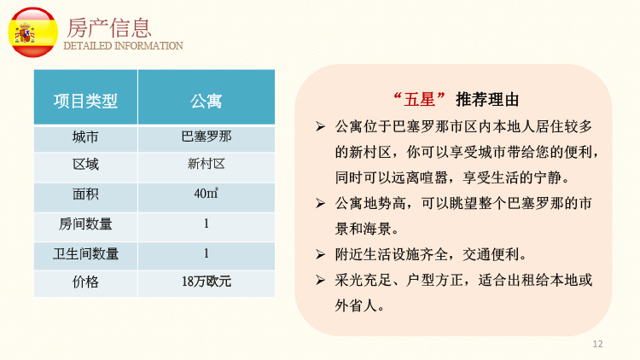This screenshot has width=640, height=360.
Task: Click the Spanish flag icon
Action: click(33, 32)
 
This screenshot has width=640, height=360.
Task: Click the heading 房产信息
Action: click(109, 28)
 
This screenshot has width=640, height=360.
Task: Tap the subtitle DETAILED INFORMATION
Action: click(123, 46)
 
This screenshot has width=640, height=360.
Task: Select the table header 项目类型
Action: click(85, 101)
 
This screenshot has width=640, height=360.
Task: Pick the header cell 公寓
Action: click(207, 101)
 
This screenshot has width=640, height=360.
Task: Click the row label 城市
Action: click(85, 136)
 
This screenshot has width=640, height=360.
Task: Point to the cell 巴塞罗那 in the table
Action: click(207, 136)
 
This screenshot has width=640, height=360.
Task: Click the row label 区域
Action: click(85, 165)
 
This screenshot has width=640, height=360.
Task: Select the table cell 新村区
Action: click(207, 164)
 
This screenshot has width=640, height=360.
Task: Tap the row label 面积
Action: click(85, 194)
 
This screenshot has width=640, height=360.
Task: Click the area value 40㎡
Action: click(207, 193)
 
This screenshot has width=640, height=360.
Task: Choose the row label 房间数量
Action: click(85, 224)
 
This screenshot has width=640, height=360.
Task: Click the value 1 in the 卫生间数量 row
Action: click(207, 253)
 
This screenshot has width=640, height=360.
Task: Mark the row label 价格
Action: click(85, 282)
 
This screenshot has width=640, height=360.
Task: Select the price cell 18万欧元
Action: click(207, 282)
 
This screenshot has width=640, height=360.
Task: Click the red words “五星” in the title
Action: click(419, 99)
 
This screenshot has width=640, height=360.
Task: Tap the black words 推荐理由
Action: click(487, 99)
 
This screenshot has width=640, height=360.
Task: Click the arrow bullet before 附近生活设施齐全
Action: click(320, 255)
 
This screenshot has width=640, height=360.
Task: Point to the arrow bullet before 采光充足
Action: click(320, 280)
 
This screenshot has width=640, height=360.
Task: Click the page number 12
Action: click(597, 344)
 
